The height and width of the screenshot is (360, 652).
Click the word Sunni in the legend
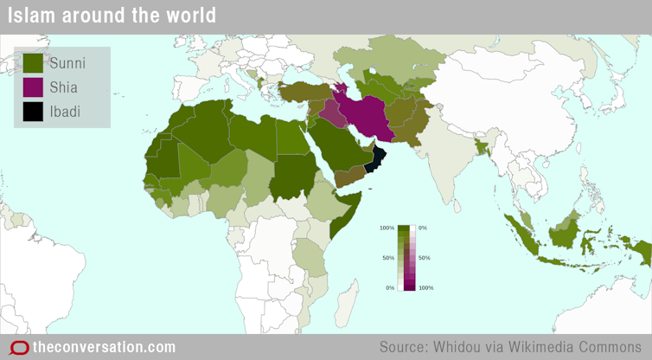click(x=67, y=62)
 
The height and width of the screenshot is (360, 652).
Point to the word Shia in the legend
click(x=64, y=87)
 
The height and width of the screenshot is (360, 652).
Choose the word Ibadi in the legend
click(x=66, y=111)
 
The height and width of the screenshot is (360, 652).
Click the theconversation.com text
click(x=104, y=347)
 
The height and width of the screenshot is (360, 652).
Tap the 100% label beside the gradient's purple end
click(x=425, y=287)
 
